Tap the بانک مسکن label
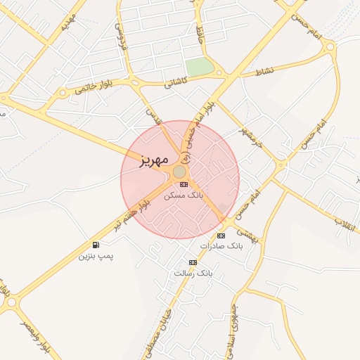click(184, 195)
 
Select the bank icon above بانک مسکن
click(184, 184)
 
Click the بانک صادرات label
click(220, 247)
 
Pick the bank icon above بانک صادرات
click(221, 236)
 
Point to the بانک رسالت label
click(193, 272)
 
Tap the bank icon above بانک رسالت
click(193, 262)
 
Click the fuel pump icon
click(96, 245)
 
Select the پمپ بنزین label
click(95, 256)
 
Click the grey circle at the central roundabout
click(179, 172)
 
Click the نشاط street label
click(264, 72)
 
